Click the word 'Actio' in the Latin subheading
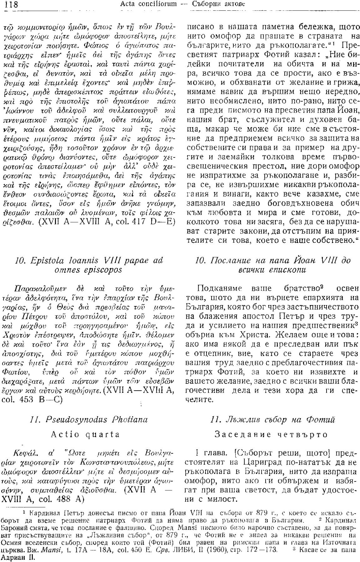click(64, 435)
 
